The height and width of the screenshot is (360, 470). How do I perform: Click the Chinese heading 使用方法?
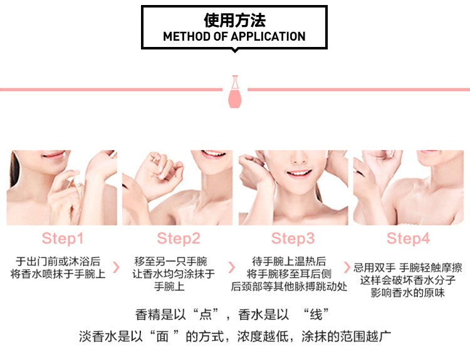[x=234, y=21]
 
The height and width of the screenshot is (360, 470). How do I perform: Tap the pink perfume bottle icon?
[x=235, y=91]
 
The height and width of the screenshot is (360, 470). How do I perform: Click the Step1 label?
[x=62, y=239]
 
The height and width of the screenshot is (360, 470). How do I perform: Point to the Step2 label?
[x=179, y=239]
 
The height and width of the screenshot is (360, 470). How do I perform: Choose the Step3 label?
[x=293, y=239]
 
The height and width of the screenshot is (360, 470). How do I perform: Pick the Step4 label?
[x=408, y=239]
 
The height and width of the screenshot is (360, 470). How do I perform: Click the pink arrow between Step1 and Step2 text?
[x=116, y=267]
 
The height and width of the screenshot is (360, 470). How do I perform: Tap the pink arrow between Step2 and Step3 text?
[x=231, y=267]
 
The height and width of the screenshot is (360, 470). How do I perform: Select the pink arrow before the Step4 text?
[x=347, y=267]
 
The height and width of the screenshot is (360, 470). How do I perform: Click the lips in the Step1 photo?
[x=53, y=155]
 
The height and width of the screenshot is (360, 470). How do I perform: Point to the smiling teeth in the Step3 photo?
[x=299, y=173]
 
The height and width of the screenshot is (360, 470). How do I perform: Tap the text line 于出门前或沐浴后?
[x=58, y=262]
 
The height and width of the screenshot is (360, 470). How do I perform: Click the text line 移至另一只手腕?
[x=170, y=262]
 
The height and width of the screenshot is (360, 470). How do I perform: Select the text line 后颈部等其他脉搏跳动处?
[x=289, y=287]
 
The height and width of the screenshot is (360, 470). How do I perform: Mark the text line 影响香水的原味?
[x=408, y=292]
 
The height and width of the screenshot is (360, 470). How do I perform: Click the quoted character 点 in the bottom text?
[x=206, y=315]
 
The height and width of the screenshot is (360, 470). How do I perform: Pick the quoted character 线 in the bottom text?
[x=316, y=315]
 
